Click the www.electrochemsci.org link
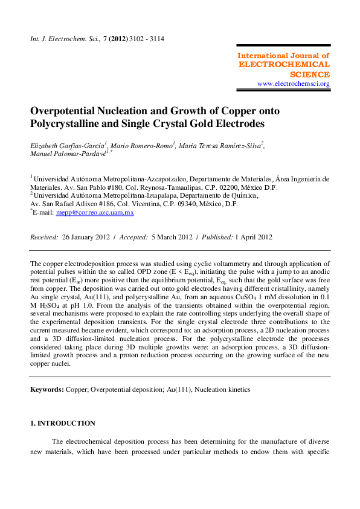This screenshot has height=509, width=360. pos(294,83)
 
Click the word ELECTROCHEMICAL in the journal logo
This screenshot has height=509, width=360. pos(284,64)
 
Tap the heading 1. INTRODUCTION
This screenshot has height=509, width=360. pos(63,423)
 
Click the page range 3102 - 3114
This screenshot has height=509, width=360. pos(146,39)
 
